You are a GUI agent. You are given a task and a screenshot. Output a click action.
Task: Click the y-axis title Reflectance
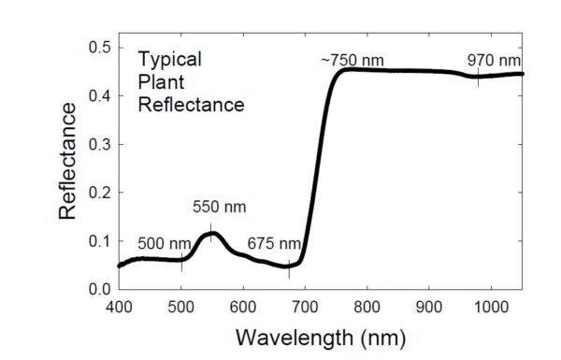point(68,161)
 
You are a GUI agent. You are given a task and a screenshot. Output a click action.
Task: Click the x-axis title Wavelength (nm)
point(320,335)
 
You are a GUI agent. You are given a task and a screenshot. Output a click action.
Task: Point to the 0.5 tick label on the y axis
point(99,47)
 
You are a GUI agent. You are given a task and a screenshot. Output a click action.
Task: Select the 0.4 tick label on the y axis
point(99,95)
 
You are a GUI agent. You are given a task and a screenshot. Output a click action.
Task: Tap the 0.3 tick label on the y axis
point(99,144)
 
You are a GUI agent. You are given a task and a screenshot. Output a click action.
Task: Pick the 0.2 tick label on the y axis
point(99,193)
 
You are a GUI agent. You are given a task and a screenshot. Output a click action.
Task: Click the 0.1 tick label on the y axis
point(99,240)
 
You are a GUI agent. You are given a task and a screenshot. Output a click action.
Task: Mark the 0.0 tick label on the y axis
point(99,289)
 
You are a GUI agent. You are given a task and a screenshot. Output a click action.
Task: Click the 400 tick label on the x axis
point(119,306)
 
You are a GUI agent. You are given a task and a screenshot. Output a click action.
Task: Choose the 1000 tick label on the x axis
point(492,306)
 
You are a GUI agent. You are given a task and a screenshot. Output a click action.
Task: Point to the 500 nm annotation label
point(165,244)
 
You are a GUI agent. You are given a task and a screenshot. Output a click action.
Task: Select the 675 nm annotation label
point(274,244)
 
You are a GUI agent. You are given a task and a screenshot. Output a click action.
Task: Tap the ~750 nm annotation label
point(352,61)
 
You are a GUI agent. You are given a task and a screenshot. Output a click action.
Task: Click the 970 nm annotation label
point(493,61)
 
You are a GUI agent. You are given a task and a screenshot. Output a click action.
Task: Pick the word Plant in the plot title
point(160,82)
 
